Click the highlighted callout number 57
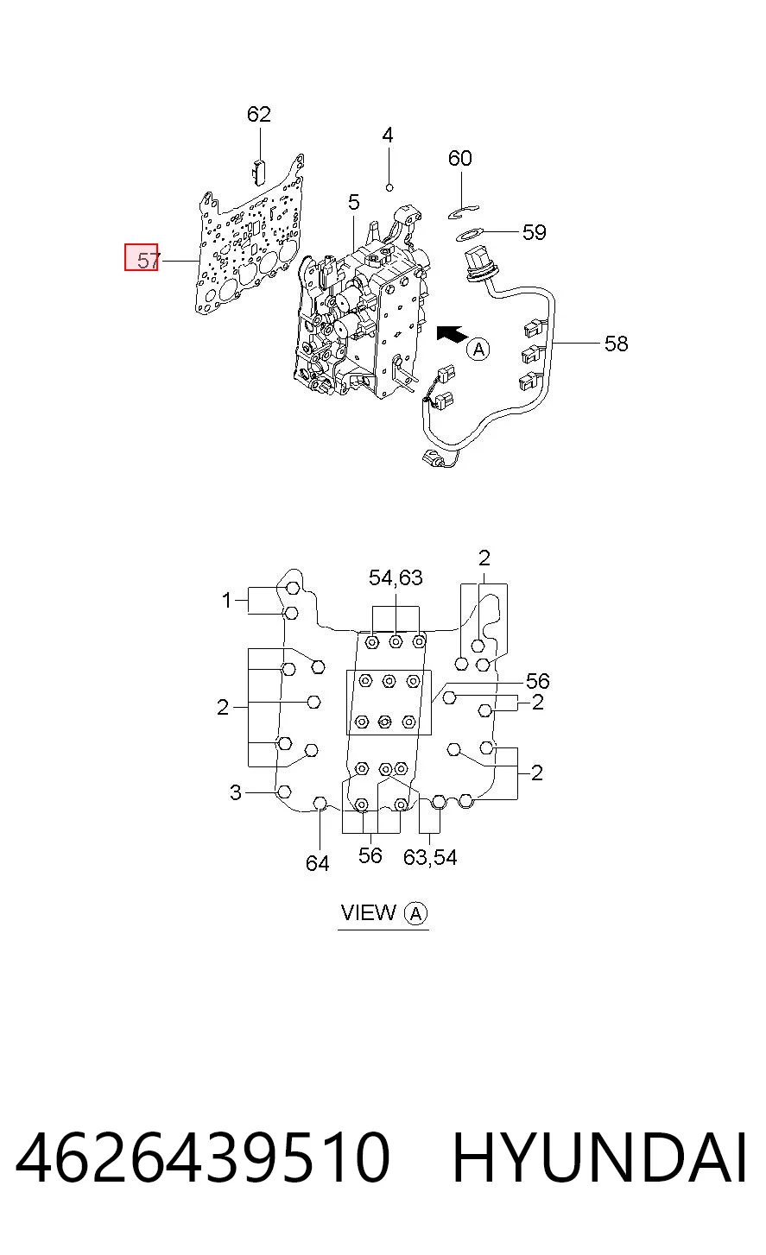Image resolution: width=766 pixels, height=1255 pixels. [149, 260]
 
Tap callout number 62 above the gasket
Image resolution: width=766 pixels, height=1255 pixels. [258, 114]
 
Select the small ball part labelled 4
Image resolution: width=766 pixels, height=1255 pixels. [389, 186]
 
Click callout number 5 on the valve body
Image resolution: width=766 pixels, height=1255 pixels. [353, 202]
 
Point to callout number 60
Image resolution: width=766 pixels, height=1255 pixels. [459, 158]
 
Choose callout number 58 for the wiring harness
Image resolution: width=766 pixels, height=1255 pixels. [617, 344]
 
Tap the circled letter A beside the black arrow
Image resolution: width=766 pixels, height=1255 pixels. [478, 349]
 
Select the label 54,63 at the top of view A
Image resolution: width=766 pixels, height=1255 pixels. [396, 577]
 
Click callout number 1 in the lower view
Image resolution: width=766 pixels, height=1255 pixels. [226, 601]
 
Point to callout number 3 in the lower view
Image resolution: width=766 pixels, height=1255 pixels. [236, 792]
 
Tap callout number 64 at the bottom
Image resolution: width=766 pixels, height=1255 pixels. [318, 863]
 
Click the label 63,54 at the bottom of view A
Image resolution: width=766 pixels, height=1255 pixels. [430, 856]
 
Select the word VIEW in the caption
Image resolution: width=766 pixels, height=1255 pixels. [369, 912]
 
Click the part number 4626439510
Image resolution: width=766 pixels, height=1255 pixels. [202, 1157]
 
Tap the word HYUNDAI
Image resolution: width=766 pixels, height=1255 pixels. [598, 1157]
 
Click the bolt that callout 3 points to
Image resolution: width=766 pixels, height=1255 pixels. [284, 791]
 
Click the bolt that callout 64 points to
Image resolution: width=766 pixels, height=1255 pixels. [320, 803]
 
